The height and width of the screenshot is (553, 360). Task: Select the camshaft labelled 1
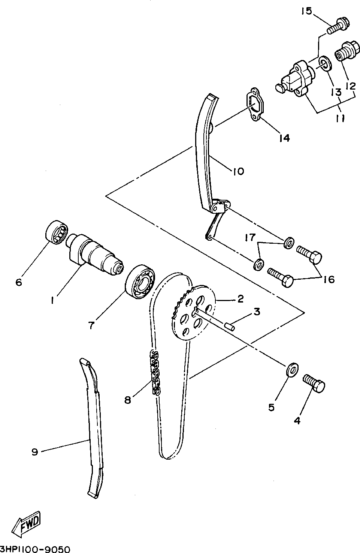pos(96,253)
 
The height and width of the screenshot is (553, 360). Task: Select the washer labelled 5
pos(292,369)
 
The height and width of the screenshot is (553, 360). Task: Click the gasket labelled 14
pos(254,105)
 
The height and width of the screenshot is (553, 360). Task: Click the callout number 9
pos(34,452)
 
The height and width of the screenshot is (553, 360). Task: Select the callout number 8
pos(128,400)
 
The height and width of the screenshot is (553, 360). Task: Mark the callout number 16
pos(329,279)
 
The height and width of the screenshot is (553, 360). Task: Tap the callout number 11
pos(340,118)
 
